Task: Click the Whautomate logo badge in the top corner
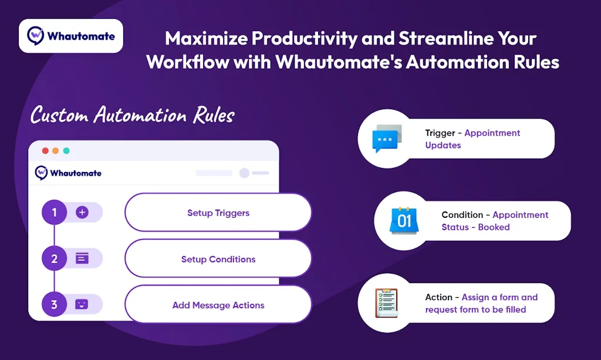click(x=71, y=36)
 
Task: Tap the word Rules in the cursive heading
click(x=214, y=115)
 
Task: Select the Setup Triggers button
click(x=218, y=213)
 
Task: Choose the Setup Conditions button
click(x=218, y=259)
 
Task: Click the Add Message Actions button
click(x=218, y=305)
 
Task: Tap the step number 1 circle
click(x=54, y=212)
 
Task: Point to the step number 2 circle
click(x=54, y=258)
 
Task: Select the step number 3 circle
click(x=54, y=304)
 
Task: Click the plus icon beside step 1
click(x=82, y=212)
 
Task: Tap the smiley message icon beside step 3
click(x=82, y=304)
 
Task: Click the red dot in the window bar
click(x=45, y=151)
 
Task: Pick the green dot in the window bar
click(x=66, y=151)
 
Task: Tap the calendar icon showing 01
click(x=404, y=220)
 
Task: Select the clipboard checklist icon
click(x=386, y=303)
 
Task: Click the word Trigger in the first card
click(x=440, y=133)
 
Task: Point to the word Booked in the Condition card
click(x=494, y=227)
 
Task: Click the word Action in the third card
click(x=438, y=297)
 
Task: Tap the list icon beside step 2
click(x=82, y=258)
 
